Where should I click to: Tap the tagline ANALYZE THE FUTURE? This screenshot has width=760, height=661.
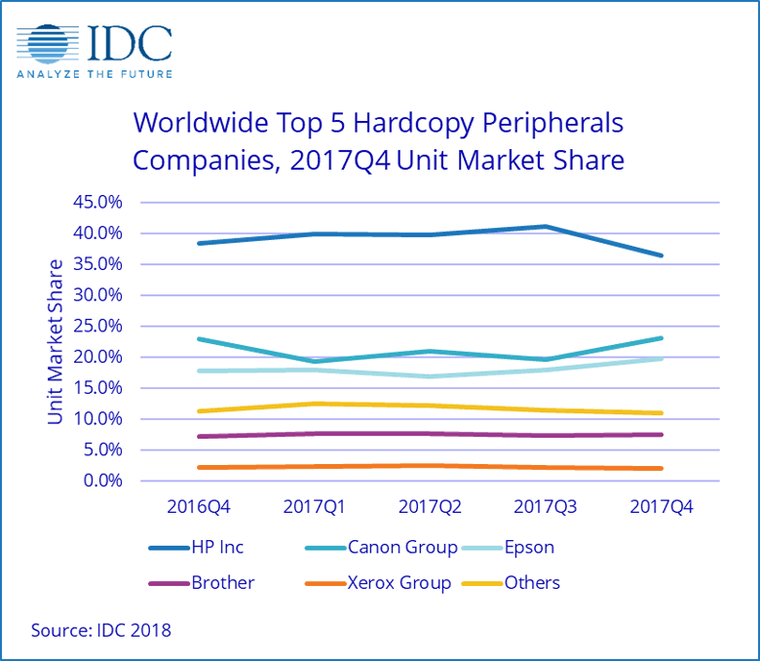coord(95,74)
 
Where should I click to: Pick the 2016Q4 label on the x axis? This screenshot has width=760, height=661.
coord(199,507)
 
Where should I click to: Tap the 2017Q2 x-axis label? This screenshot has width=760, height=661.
coord(430,507)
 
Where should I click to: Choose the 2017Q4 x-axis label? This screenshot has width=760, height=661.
coord(661,507)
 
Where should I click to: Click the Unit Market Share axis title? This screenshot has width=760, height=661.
coord(56,341)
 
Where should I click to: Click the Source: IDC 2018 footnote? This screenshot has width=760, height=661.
coord(101,630)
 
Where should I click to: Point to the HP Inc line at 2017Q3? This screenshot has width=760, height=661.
coord(545,227)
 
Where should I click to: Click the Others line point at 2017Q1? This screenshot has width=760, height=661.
coord(314,404)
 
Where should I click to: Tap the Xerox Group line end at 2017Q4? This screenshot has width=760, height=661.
coord(661,469)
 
